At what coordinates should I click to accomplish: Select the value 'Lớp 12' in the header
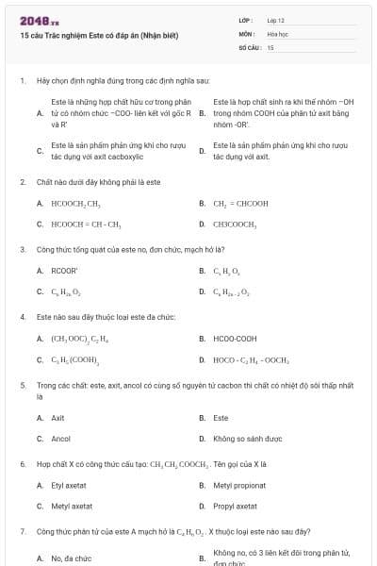[276, 20]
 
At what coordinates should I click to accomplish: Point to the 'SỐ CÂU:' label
[249, 46]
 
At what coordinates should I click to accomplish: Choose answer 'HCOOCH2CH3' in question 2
[75, 203]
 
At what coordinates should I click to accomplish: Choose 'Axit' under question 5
[57, 417]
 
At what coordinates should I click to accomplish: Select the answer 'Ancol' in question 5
[60, 439]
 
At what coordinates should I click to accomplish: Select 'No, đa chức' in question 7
[71, 558]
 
